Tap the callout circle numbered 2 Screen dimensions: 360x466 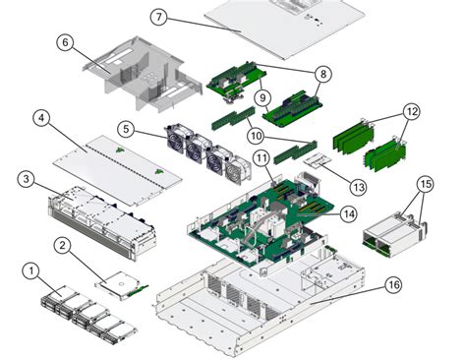point(61,245)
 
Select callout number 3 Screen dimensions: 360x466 point(27,179)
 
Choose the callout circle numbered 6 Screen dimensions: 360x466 point(65,42)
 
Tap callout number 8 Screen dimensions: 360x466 point(322,73)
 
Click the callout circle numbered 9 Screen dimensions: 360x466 point(262,98)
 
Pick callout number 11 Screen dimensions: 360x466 point(262,158)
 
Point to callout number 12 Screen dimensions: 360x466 point(411,112)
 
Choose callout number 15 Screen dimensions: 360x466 point(425,184)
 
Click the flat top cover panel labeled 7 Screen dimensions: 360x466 point(285,30)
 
